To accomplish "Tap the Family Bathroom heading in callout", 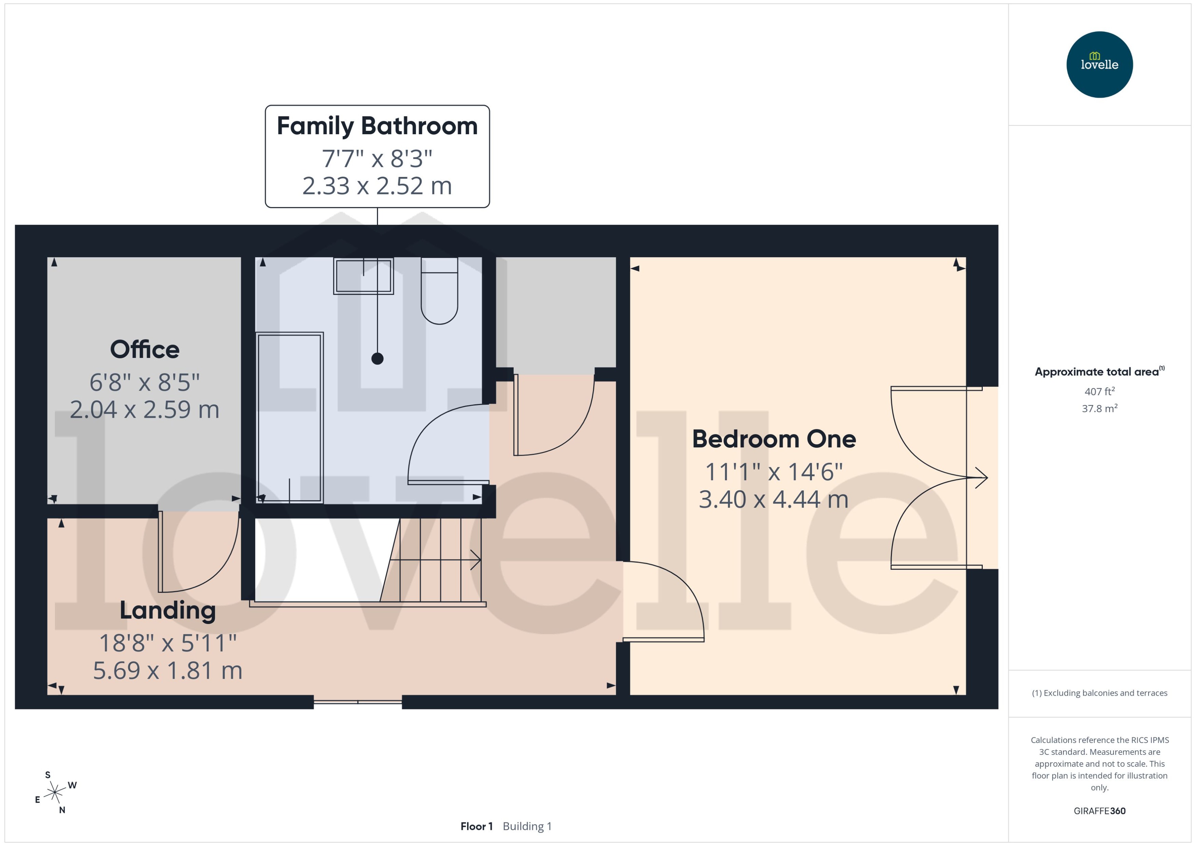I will coord(377,126).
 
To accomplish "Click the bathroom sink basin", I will coord(363,276).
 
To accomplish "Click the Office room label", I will coord(144,349).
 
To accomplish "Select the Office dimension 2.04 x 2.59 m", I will coord(144,410).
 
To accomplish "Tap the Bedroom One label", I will coord(773,439).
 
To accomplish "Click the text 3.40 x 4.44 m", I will coord(773,500).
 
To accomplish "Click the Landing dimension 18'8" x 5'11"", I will coord(167,643).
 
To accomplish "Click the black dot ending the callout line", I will coord(377,358).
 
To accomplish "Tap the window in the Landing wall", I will coord(357,702).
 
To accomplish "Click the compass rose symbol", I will coord(55,793).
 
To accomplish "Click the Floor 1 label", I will coord(476,826).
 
